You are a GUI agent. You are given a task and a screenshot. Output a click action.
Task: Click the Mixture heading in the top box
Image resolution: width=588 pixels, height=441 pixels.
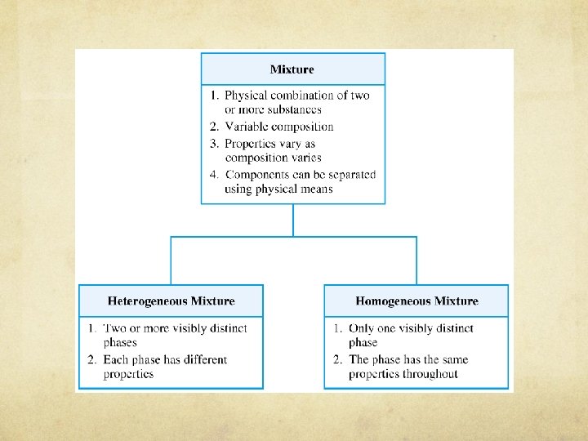[x=292, y=69]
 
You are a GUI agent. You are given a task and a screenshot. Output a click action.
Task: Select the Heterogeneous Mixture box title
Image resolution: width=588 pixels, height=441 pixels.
[x=171, y=301]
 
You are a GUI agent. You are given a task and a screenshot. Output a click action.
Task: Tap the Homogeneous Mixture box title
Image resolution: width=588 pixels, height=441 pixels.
[x=416, y=301]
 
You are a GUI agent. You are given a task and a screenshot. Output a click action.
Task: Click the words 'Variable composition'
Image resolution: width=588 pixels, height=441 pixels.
[x=279, y=127]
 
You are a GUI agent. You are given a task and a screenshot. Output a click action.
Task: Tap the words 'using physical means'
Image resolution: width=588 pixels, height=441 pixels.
[x=278, y=189]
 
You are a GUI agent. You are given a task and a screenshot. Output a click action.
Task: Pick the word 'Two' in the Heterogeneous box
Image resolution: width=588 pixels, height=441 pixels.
[x=115, y=328]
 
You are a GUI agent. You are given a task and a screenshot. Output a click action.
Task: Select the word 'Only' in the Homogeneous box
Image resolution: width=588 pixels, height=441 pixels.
[x=362, y=328]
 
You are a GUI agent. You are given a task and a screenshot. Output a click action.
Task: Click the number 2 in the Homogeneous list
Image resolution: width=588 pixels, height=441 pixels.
[x=335, y=359]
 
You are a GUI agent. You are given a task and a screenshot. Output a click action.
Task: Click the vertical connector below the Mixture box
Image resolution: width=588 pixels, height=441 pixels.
[x=293, y=220]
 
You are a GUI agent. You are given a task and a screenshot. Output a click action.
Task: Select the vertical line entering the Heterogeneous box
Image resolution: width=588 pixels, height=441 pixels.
[x=171, y=261]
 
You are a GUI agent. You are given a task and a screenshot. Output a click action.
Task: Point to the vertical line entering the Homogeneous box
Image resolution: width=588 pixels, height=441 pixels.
[x=416, y=261]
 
